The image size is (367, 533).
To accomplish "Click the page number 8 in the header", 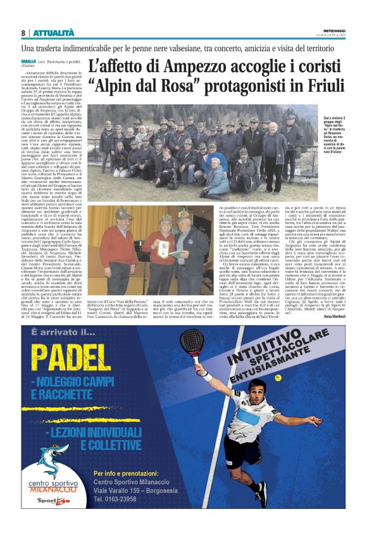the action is [23, 33].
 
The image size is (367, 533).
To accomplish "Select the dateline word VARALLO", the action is [30, 60].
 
